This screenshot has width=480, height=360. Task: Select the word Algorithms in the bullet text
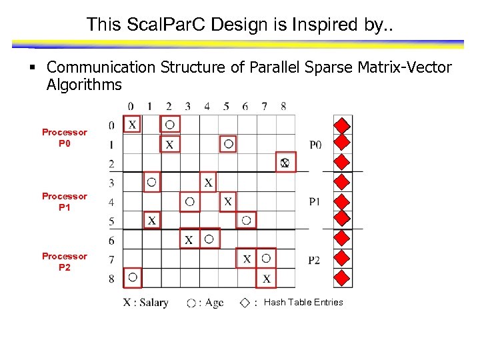click(84, 85)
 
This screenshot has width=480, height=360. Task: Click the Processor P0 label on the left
click(65, 137)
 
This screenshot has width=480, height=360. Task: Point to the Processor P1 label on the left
click(65, 201)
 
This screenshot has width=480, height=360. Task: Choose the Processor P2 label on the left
click(65, 261)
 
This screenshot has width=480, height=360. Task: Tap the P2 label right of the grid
click(314, 260)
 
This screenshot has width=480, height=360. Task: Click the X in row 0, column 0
click(132, 124)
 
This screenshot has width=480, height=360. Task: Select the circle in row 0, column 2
click(170, 124)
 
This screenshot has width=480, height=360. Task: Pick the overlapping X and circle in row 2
click(285, 163)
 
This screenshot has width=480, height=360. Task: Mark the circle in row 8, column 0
click(132, 277)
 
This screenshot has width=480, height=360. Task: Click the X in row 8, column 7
click(267, 279)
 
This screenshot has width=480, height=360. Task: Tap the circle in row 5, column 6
click(247, 220)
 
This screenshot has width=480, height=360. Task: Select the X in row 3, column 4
click(209, 181)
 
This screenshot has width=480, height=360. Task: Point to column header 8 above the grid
click(283, 106)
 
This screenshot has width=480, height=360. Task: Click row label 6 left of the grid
click(111, 240)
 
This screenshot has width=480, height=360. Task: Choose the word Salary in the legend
click(154, 303)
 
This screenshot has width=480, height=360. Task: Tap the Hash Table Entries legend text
click(303, 302)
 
